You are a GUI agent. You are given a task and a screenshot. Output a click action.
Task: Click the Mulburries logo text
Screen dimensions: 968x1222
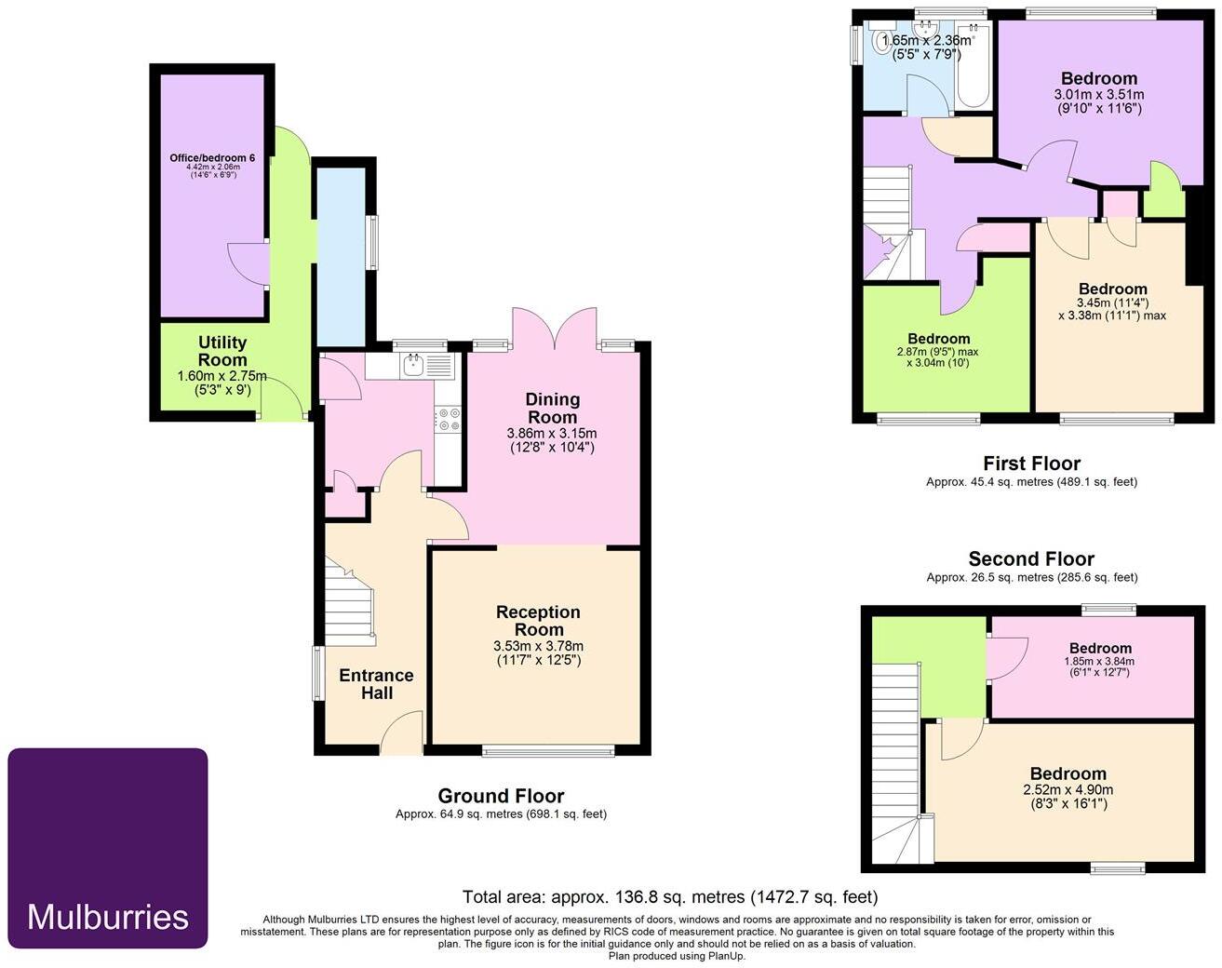tap(108, 917)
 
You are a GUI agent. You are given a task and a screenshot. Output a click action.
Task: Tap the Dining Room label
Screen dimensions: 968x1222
tap(552, 408)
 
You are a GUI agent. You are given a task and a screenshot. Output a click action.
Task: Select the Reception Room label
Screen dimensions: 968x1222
tap(538, 621)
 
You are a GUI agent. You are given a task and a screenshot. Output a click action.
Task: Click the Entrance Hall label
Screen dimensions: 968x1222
tap(376, 684)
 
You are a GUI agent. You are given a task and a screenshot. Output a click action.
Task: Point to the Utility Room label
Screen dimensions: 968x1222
tap(222, 351)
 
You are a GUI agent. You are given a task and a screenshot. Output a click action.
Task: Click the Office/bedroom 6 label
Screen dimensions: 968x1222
tap(212, 158)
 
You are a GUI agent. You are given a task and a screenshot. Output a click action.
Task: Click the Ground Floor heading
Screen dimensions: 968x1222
tap(501, 796)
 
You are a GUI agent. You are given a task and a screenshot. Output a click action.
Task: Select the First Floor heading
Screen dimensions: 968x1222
tap(1031, 463)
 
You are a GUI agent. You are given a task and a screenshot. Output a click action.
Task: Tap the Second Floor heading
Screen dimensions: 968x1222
tap(1031, 558)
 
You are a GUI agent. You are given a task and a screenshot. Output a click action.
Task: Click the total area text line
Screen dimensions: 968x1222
tap(669, 897)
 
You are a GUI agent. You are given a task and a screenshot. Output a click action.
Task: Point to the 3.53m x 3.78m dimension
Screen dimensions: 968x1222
tap(538, 646)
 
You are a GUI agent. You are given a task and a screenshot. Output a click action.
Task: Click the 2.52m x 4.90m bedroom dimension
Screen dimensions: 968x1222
tap(1068, 789)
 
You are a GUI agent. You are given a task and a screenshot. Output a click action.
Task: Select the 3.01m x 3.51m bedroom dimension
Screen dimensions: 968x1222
tap(1098, 94)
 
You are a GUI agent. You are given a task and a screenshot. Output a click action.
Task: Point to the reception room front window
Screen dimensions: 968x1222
tap(548, 749)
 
